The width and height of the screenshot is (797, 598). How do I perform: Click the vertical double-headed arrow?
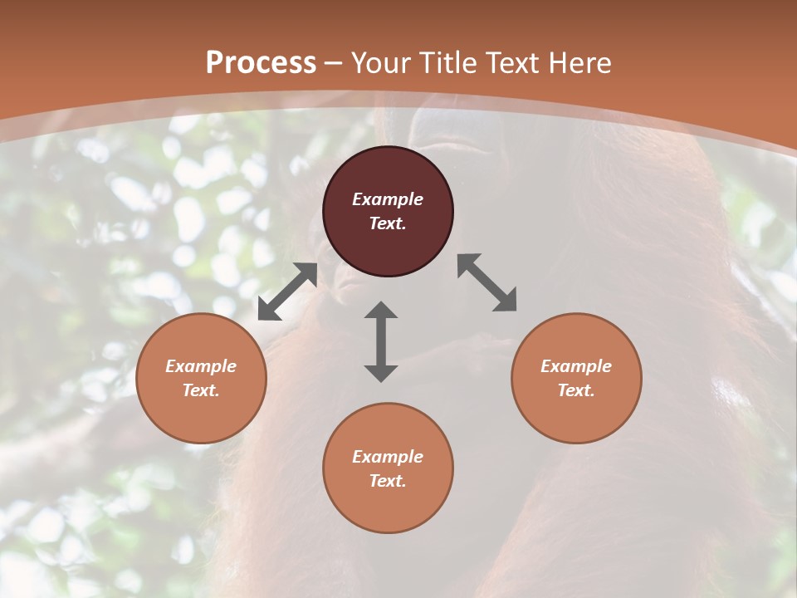click(x=381, y=341)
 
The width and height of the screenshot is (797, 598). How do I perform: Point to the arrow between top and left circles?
click(x=287, y=292)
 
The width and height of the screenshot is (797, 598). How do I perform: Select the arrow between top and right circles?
click(x=487, y=282)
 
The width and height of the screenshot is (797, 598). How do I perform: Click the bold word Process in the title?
click(x=261, y=62)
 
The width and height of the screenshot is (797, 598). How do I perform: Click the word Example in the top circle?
click(x=388, y=199)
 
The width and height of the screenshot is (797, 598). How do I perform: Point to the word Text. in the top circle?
click(x=388, y=223)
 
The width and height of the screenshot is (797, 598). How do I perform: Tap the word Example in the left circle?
click(x=201, y=366)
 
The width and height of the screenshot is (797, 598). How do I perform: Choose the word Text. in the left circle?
click(x=201, y=390)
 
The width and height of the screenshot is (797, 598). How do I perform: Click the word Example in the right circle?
click(x=576, y=366)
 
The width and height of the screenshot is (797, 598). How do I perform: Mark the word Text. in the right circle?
click(x=576, y=390)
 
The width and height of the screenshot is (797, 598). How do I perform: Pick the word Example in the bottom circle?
click(x=388, y=457)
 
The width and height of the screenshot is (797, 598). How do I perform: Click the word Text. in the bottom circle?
click(x=388, y=481)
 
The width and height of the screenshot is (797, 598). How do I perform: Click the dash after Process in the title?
click(x=334, y=63)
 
